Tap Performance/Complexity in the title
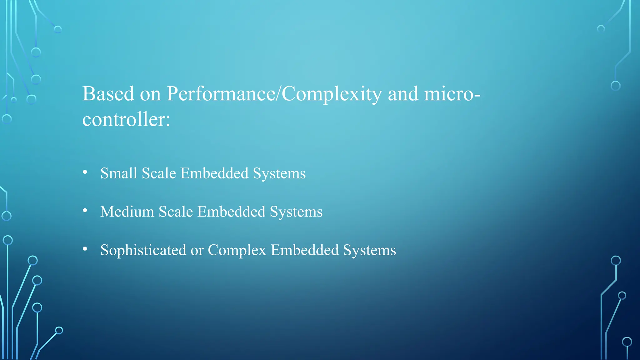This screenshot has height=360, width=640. [x=274, y=94]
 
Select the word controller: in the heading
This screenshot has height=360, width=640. [x=126, y=119]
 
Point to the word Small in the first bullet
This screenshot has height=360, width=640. [x=119, y=173]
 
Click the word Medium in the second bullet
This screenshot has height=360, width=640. [x=127, y=212]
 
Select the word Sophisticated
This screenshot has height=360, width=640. [x=143, y=250]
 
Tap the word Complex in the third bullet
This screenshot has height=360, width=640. [x=237, y=250]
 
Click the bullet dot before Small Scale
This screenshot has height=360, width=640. [x=85, y=172]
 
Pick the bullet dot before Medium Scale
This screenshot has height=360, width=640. [x=85, y=211]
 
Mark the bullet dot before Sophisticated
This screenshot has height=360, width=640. [x=85, y=249]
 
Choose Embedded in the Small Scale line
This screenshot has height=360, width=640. [x=214, y=173]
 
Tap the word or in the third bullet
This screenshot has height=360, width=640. [x=197, y=250]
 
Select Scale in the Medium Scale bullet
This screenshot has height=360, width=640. [x=176, y=212]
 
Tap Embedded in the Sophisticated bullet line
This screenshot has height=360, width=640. [x=305, y=250]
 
